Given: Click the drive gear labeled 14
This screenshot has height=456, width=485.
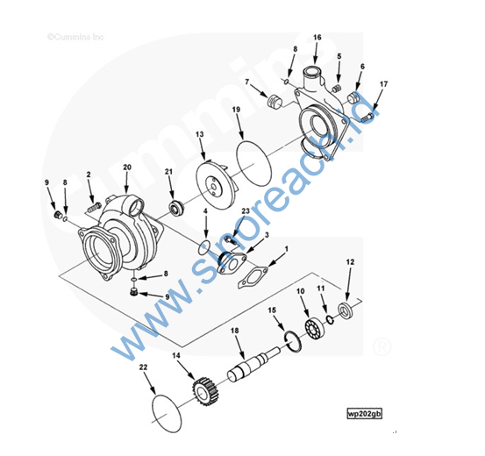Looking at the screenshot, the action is point(203,392).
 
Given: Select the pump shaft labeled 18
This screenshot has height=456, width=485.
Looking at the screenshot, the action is point(253,364).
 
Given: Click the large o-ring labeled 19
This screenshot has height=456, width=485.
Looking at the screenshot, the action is point(253,163).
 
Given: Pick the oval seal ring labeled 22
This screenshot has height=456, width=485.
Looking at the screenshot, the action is point(167,413).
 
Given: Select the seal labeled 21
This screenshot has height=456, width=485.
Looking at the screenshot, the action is point(175,207).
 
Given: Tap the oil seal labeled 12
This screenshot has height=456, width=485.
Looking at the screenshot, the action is point(345,310).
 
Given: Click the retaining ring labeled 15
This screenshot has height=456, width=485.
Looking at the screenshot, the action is point(293,341).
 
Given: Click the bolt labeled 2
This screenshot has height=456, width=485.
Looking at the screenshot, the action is point(94,207).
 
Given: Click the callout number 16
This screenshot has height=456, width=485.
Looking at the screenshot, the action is point(317,38).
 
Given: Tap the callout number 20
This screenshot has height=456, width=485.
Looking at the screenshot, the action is point(127,167).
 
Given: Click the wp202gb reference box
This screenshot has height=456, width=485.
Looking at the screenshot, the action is point(364,414).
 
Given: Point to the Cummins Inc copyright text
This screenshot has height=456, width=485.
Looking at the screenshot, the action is point(75,37).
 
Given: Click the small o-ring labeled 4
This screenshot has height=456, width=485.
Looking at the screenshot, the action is point(204,247).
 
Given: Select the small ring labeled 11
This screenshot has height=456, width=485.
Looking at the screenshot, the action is point(330,320).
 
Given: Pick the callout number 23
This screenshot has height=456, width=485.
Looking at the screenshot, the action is point(246,211).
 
